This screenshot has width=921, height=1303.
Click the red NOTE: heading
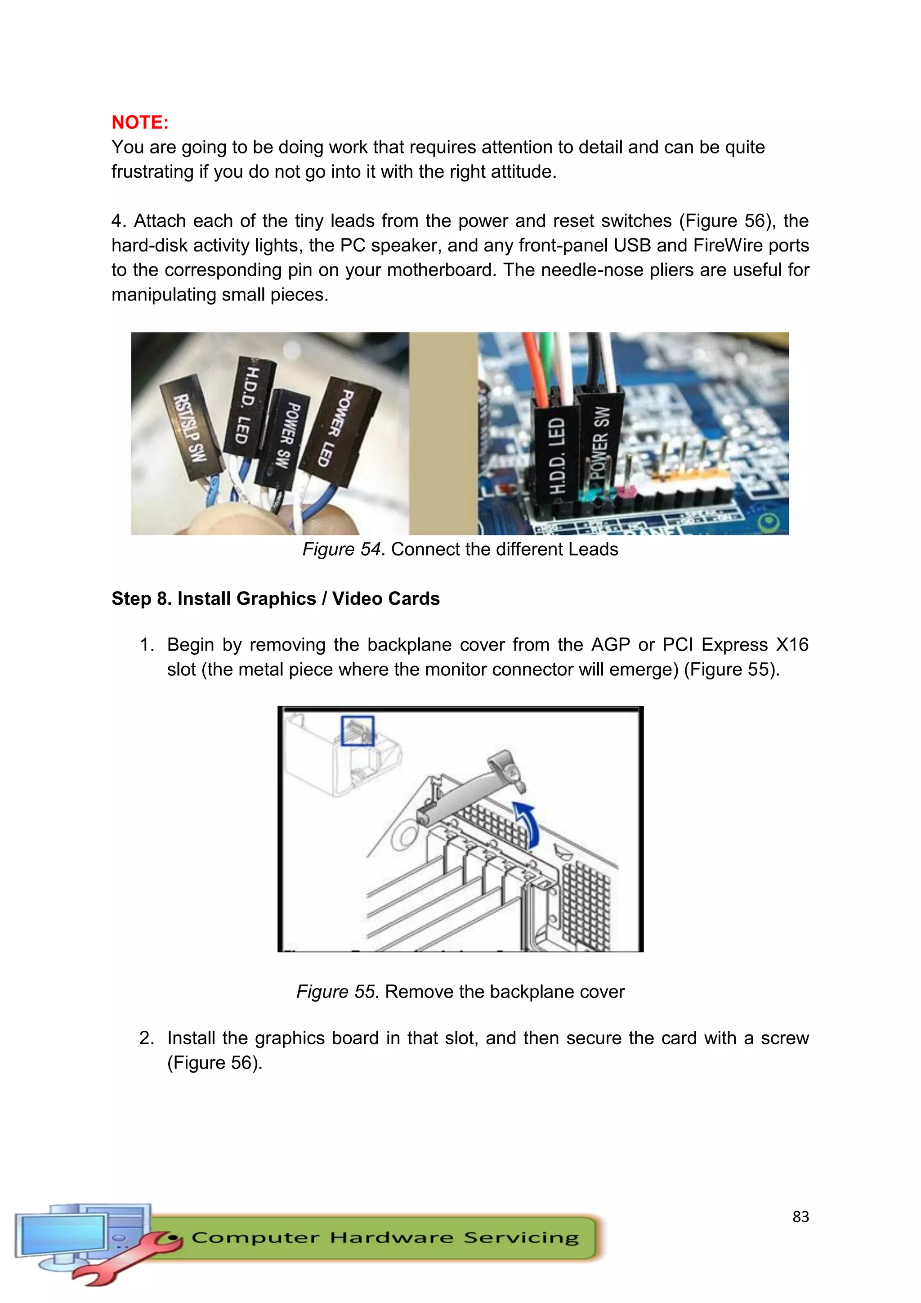(x=139, y=122)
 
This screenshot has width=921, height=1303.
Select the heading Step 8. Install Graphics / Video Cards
(x=275, y=599)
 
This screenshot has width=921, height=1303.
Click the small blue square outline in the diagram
(x=357, y=730)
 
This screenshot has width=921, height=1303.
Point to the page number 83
(x=800, y=1216)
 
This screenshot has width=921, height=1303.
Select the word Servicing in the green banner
(x=521, y=1237)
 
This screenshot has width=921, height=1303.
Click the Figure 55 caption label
(x=336, y=992)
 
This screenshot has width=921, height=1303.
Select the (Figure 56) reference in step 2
(x=215, y=1062)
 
